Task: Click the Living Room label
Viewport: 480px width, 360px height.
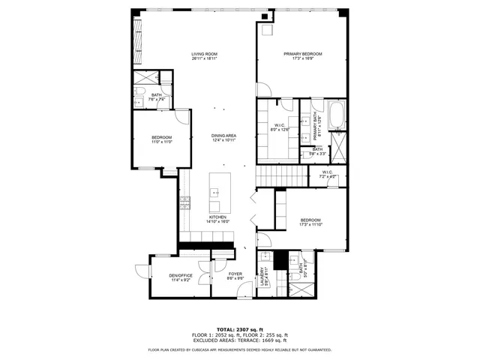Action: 203,54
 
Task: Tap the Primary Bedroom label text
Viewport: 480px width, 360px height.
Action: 302,54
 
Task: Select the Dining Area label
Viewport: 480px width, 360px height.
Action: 223,136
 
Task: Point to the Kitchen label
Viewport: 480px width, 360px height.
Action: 218,217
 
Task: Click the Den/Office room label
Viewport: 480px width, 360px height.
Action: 180,275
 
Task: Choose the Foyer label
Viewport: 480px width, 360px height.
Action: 235,274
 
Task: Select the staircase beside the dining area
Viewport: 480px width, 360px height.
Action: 282,177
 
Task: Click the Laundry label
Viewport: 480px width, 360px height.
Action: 262,277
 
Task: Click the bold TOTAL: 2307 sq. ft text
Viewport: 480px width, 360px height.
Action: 239,329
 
